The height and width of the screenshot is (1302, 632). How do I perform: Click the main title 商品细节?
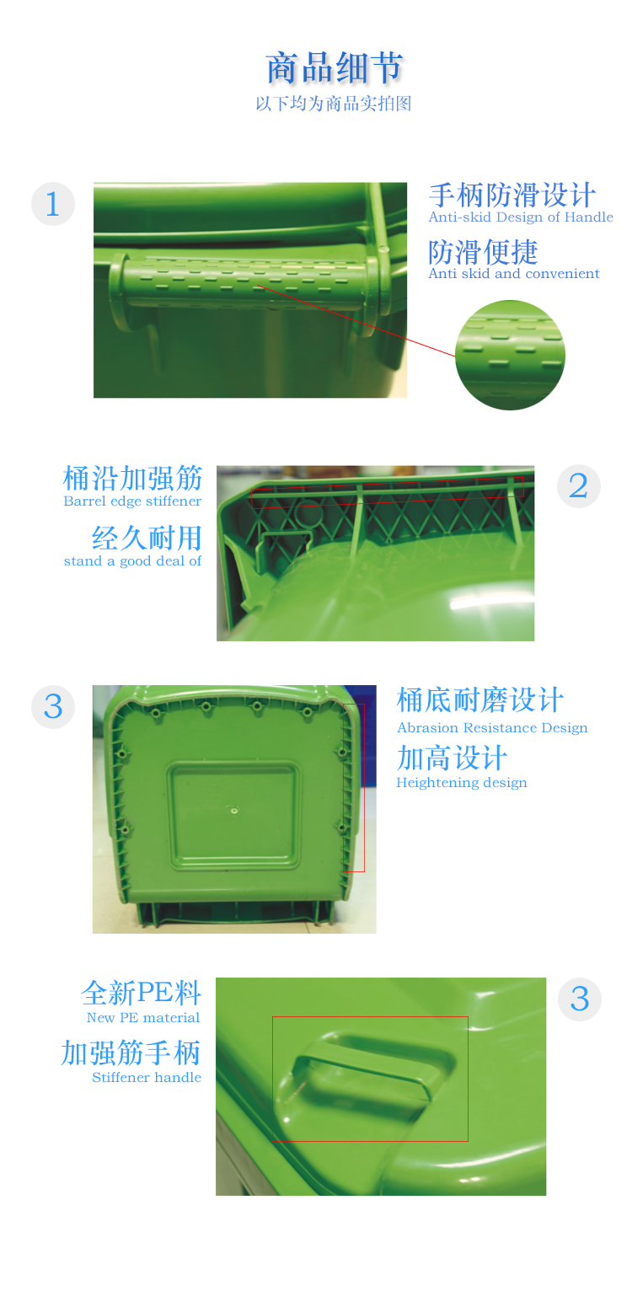tap(335, 67)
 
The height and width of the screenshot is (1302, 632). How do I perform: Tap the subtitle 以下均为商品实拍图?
tap(334, 104)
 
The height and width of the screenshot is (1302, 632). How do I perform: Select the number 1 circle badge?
tap(53, 204)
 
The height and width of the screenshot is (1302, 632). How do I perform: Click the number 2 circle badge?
tap(579, 486)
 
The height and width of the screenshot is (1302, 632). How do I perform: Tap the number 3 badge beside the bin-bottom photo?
tap(53, 707)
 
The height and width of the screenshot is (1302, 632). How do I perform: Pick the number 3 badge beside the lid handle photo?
tap(580, 999)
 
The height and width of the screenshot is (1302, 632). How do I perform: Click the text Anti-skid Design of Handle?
tap(521, 217)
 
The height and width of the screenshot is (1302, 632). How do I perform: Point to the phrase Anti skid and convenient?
tap(514, 274)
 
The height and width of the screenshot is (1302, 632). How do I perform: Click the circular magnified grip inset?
tap(510, 355)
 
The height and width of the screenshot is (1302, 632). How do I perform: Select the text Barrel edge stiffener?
tap(132, 501)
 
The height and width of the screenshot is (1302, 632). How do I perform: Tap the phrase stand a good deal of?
tap(132, 561)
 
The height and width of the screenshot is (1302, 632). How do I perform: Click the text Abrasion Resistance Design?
tap(492, 728)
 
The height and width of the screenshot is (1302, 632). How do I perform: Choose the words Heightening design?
tap(462, 783)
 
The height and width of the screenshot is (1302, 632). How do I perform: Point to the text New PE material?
tap(143, 1018)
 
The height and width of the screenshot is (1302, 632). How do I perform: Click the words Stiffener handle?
tap(147, 1078)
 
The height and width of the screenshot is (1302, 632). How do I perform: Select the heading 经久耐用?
tap(147, 538)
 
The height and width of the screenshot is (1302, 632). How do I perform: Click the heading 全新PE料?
tap(142, 993)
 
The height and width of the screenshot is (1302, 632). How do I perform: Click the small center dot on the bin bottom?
tap(234, 810)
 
